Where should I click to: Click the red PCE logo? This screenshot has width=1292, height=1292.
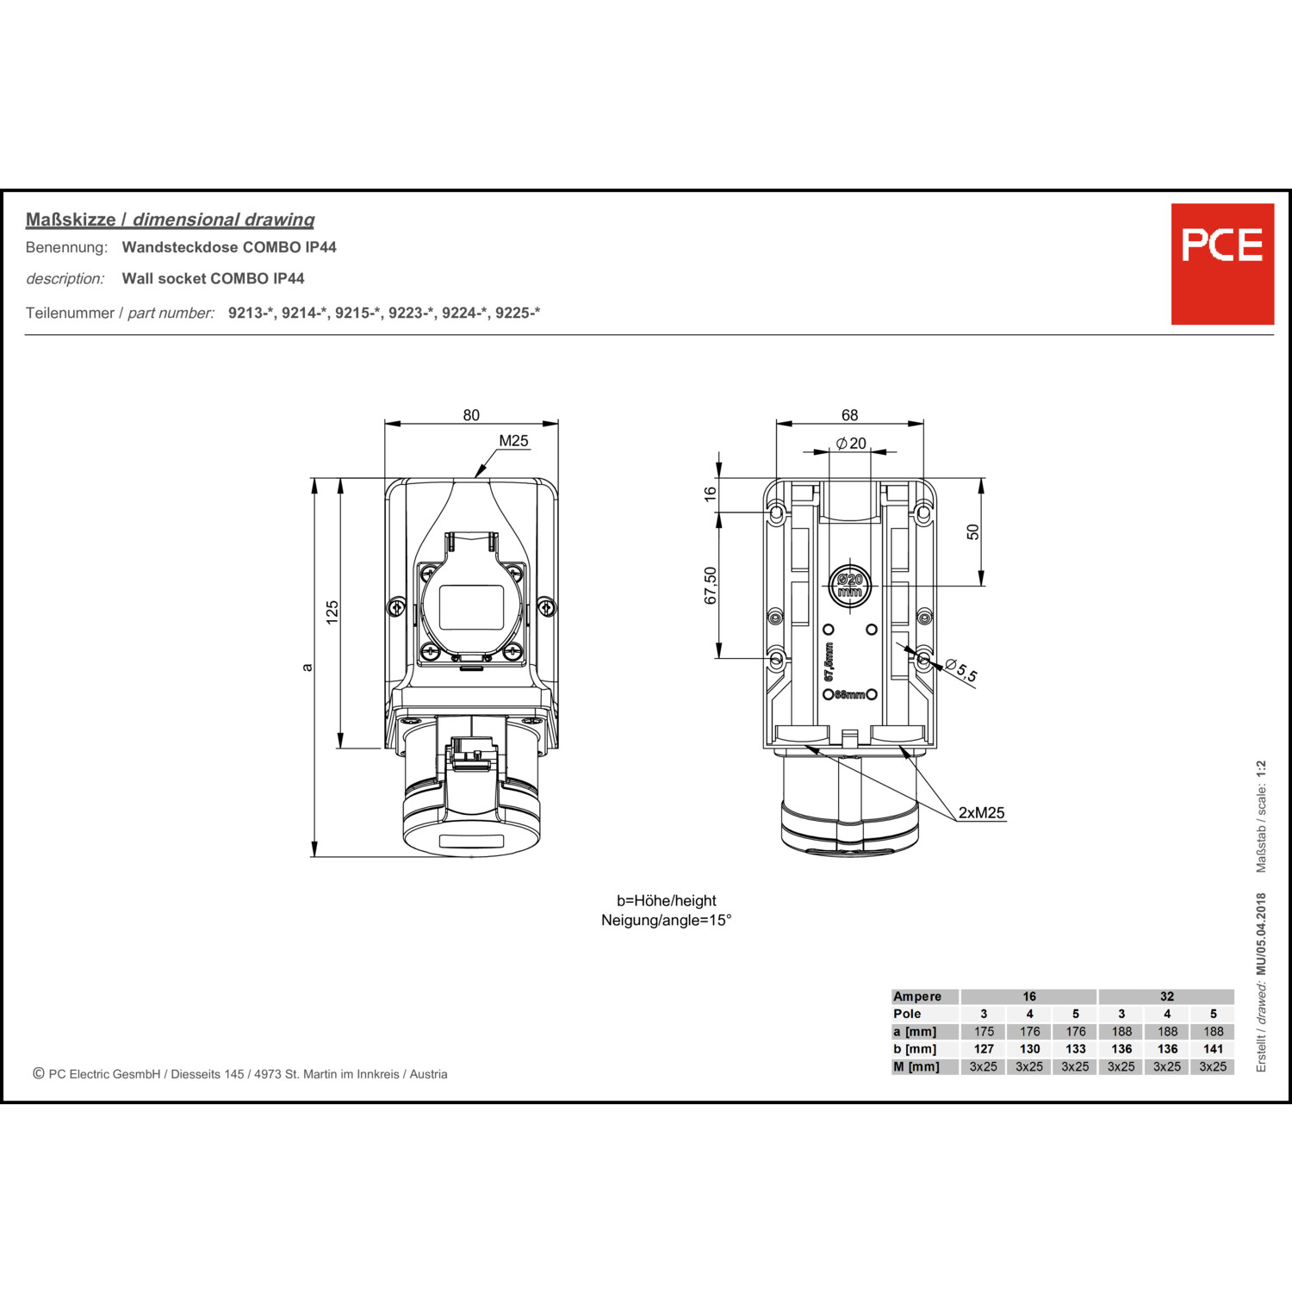tap(1221, 264)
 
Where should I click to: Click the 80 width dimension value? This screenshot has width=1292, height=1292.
tap(471, 415)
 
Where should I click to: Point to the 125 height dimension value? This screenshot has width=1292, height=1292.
tap(332, 612)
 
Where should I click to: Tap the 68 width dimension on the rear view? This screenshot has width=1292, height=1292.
tap(849, 415)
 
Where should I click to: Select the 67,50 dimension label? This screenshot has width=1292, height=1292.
tap(711, 586)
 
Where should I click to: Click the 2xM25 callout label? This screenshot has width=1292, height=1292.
tap(981, 812)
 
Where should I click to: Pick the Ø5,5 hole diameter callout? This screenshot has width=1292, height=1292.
tap(961, 670)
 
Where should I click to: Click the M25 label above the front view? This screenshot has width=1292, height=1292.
tap(513, 441)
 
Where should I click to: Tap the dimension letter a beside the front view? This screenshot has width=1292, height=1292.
tap(307, 667)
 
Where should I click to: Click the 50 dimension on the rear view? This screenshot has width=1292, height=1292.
tap(973, 532)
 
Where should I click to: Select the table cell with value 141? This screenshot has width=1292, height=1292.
tap(1213, 1049)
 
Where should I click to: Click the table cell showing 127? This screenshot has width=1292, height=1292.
tap(984, 1049)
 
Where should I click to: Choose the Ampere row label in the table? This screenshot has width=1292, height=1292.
tap(917, 997)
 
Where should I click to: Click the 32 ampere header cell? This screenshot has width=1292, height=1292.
tap(1166, 997)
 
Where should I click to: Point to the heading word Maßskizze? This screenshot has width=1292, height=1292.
tap(71, 220)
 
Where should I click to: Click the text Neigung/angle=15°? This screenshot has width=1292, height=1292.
tap(666, 920)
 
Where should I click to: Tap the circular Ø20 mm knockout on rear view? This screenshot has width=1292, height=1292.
tap(849, 586)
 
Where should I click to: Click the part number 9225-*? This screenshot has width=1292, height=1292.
tap(518, 313)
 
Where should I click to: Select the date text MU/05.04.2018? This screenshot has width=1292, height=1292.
tap(1261, 934)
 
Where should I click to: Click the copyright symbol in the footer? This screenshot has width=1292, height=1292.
tap(39, 1073)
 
